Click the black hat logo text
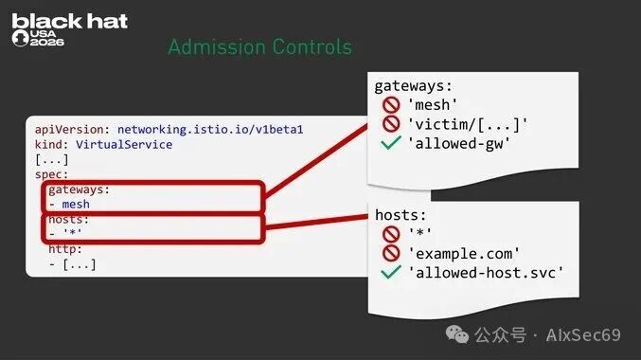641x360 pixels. tap(69, 21)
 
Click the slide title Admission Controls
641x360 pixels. tap(260, 46)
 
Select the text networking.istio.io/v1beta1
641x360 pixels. tap(210, 130)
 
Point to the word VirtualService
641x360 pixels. tap(124, 144)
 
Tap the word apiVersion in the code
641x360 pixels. tap(69, 130)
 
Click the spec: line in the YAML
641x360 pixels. tap(51, 174)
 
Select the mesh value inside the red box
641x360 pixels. tap(76, 204)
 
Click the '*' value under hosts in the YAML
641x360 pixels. tap(72, 233)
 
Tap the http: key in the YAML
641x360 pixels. tap(65, 249)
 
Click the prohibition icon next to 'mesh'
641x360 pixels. tap(391, 105)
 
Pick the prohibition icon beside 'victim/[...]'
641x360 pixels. tap(391, 123)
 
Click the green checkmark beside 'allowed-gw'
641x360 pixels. tap(391, 143)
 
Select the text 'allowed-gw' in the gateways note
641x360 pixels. tap(459, 144)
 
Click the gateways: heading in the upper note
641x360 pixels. tap(414, 86)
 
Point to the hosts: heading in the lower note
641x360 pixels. tap(401, 215)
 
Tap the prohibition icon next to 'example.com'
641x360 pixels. tap(391, 253)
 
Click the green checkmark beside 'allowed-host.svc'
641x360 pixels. tap(391, 272)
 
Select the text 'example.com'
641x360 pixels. tap(464, 254)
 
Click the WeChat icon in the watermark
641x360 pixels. tap(457, 334)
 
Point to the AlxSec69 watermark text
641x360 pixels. tap(583, 335)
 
